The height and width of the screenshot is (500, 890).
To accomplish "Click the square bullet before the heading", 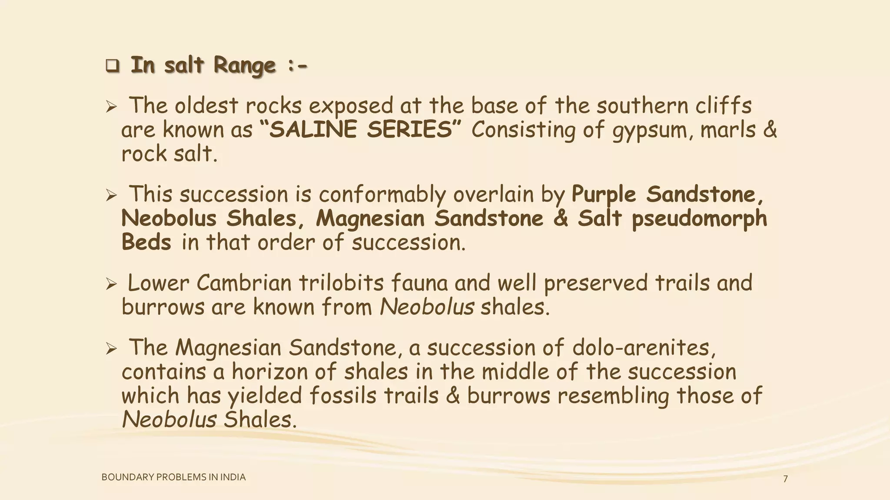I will coord(112,66).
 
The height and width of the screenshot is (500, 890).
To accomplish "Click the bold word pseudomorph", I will coord(699,219).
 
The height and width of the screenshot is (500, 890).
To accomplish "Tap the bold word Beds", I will coord(146,242).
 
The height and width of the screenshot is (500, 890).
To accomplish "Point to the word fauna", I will coord(419,283).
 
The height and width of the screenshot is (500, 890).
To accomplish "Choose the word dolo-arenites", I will coord(644,348).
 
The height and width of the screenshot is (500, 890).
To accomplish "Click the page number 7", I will coord(785,479).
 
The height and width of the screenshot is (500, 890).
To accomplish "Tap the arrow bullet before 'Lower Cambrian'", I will coord(111,284).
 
